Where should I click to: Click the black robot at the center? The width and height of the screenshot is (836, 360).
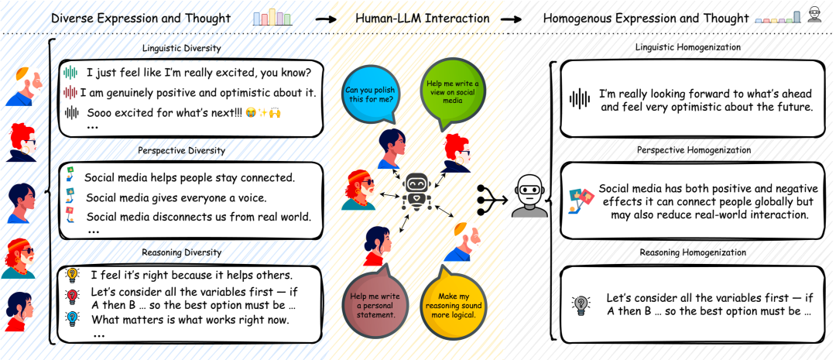(x=419, y=191)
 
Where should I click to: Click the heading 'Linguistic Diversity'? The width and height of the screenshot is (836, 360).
(x=182, y=49)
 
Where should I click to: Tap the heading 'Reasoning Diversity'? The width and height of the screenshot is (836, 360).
(x=182, y=252)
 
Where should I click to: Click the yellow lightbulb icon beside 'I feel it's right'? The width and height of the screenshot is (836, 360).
(x=73, y=274)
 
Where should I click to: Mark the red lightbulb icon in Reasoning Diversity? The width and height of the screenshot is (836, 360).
(x=73, y=295)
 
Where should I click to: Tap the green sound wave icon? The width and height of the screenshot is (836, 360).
(x=71, y=74)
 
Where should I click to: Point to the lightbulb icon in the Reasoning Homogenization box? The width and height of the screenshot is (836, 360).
(x=581, y=304)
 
